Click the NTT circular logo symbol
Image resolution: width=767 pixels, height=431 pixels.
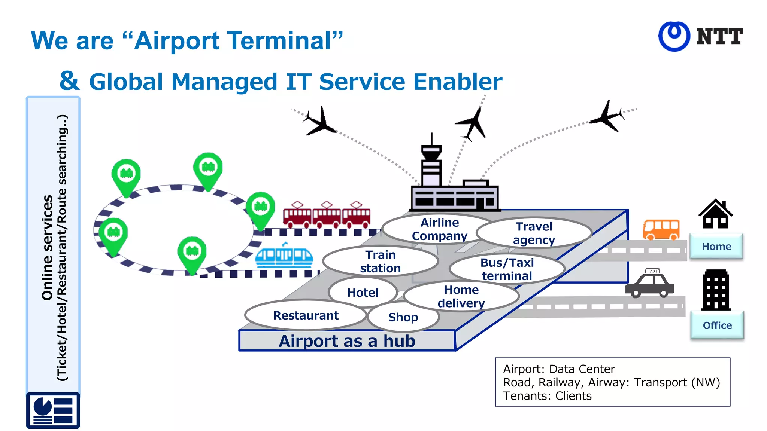pyautogui.click(x=674, y=36)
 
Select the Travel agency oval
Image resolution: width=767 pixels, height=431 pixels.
pyautogui.click(x=534, y=233)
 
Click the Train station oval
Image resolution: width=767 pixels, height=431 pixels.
pyautogui.click(x=380, y=261)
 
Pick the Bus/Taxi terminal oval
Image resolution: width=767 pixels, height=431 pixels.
pyautogui.click(x=507, y=269)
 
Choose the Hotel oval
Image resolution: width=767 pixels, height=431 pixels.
pyautogui.click(x=363, y=292)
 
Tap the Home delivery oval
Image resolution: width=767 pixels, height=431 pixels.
pyautogui.click(x=461, y=296)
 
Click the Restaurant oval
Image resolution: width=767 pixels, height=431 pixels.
pyautogui.click(x=306, y=315)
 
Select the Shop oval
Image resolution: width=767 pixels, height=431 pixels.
pyautogui.click(x=403, y=317)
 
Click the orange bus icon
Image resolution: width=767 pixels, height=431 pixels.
pyautogui.click(x=661, y=229)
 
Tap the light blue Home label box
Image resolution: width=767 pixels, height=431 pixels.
pyautogui.click(x=716, y=246)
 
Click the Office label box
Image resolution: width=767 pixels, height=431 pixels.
pyautogui.click(x=717, y=325)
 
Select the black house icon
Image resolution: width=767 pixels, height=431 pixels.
pyautogui.click(x=715, y=214)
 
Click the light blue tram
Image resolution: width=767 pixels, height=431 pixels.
pyautogui.click(x=284, y=256)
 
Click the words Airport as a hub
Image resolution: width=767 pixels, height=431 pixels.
pyautogui.click(x=347, y=341)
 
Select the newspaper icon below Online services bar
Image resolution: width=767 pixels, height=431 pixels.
pyautogui.click(x=53, y=410)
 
